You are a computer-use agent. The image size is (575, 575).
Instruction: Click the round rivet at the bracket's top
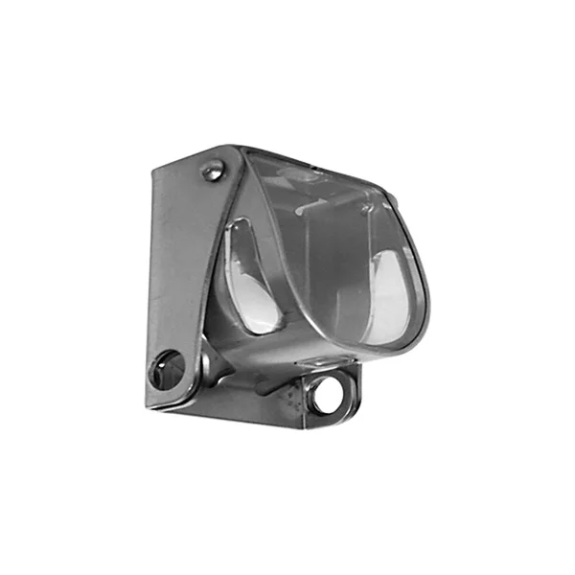(x=211, y=172)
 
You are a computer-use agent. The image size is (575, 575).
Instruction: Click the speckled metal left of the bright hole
(x=305, y=398)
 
